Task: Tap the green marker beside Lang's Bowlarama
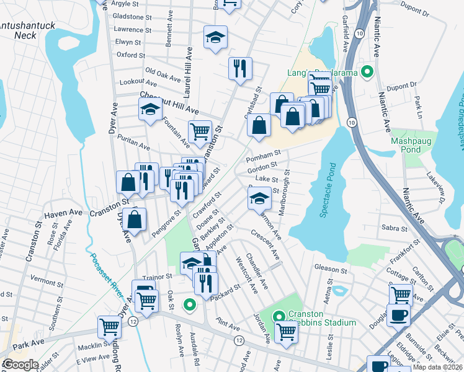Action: tap(367, 73)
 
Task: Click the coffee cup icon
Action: tap(398, 314)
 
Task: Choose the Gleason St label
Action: tap(331, 270)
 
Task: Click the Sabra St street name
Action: tap(395, 228)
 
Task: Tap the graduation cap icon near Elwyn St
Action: tap(215, 38)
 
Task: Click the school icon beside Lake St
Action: tap(259, 198)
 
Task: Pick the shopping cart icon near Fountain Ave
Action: tap(200, 131)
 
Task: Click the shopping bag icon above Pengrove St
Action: tap(134, 219)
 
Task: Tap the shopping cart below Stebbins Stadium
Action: tap(286, 332)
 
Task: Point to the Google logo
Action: tap(20, 365)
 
